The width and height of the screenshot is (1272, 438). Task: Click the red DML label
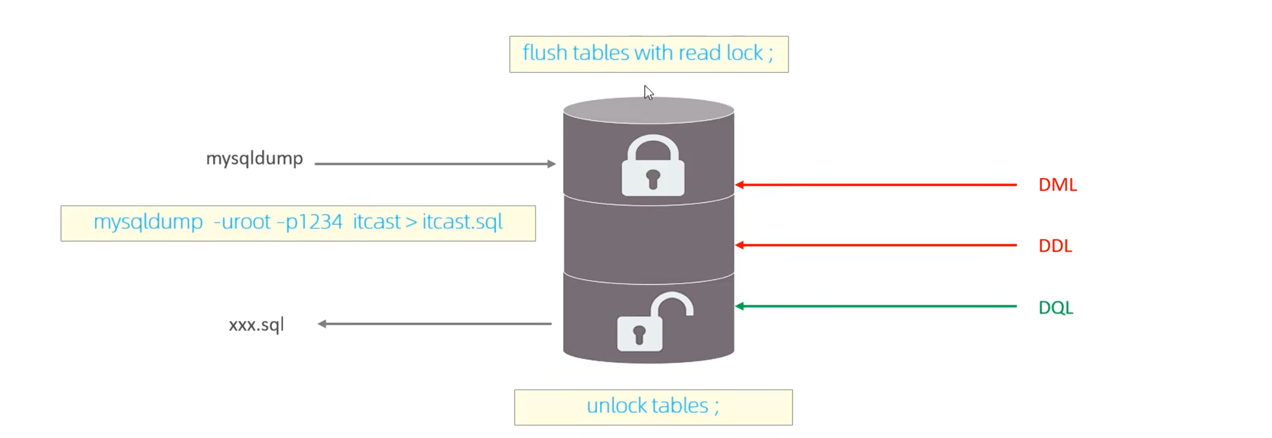pos(1057,185)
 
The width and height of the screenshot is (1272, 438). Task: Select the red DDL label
pos(1055,245)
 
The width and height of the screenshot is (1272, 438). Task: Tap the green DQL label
pos(1056,307)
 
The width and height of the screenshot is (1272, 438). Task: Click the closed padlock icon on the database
pos(653,167)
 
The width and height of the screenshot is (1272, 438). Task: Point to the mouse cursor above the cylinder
pos(648,93)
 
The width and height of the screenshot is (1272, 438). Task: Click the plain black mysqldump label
pos(254,159)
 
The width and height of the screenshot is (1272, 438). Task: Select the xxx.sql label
pos(256,324)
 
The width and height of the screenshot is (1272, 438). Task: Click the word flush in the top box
pos(545,53)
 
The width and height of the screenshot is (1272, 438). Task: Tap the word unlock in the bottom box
pos(615,406)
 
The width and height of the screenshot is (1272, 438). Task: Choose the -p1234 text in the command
pos(310,222)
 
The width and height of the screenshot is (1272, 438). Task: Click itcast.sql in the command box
pos(462,222)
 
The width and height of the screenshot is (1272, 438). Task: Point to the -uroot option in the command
pos(242,222)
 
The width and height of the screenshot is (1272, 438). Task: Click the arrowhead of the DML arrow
pos(740,185)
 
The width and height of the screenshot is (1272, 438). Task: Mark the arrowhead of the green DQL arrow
pos(740,306)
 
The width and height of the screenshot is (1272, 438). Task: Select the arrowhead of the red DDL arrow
pos(740,245)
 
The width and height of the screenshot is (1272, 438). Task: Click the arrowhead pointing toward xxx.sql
pos(322,324)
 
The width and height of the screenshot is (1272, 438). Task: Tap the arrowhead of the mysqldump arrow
pos(551,164)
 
